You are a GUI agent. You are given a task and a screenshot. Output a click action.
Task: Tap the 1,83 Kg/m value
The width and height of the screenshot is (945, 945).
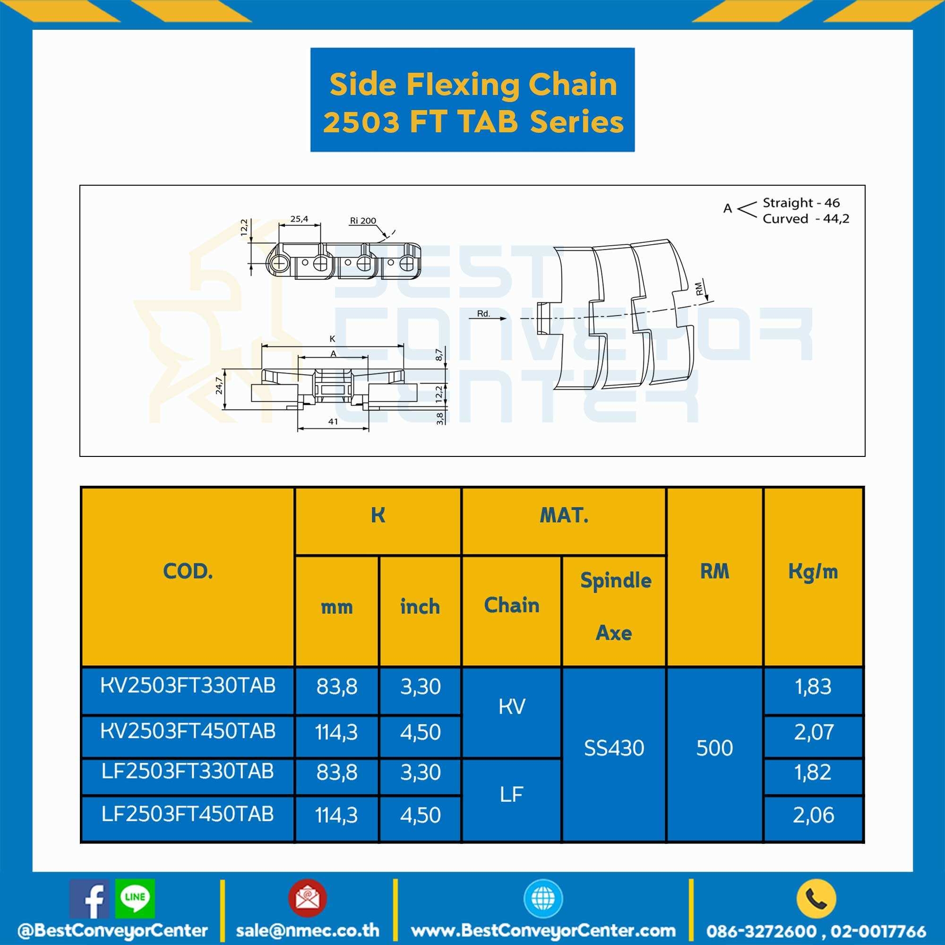tap(813, 686)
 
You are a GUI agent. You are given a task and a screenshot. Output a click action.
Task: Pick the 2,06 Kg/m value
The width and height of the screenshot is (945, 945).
tap(813, 815)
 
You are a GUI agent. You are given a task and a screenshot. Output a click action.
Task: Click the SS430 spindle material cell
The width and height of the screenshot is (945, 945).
tap(614, 748)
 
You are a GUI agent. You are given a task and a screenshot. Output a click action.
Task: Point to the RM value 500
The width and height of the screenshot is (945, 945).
tap(714, 748)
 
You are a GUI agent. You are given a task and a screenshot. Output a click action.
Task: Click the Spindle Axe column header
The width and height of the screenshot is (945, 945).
tap(615, 607)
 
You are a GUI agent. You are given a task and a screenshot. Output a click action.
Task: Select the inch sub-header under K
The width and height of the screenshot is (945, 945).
tap(420, 607)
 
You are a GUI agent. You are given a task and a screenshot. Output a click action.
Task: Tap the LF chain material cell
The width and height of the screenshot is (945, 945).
tap(512, 794)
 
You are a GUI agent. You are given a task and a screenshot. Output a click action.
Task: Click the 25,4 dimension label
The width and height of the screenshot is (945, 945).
tap(299, 219)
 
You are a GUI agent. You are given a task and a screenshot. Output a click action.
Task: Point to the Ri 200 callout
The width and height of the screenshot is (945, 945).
tap(363, 221)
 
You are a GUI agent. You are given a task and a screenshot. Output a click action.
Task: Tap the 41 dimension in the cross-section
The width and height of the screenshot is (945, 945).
tap(333, 421)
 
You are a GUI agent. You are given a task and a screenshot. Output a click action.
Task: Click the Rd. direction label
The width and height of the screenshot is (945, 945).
tap(483, 314)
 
